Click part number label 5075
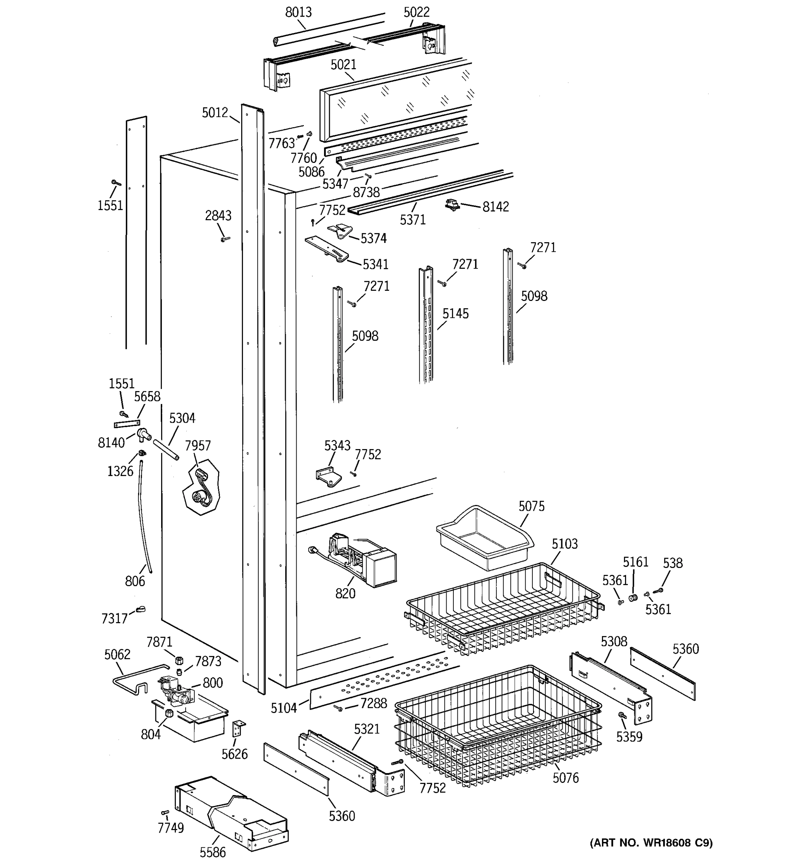(531, 506)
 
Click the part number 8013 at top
(298, 12)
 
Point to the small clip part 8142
(453, 204)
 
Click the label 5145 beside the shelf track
(456, 313)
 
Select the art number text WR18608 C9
(651, 842)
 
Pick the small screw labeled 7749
(165, 812)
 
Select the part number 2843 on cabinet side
(218, 216)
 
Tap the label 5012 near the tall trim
(215, 113)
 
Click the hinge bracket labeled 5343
(328, 476)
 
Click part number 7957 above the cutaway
(198, 445)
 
